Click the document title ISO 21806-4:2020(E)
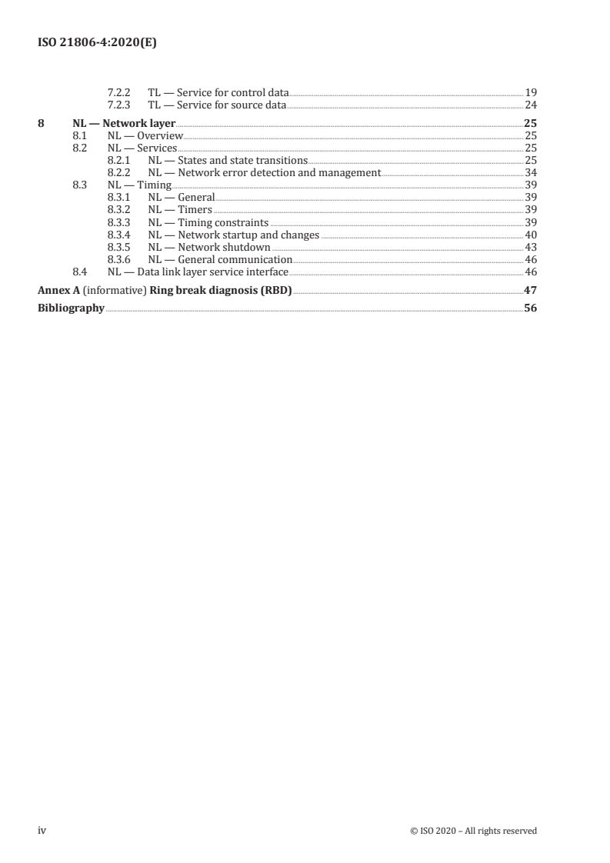[x=98, y=44]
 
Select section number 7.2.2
[x=120, y=92]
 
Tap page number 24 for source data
[x=530, y=105]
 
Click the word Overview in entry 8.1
[x=160, y=135]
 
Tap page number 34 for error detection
[x=530, y=172]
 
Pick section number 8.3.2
[x=120, y=209]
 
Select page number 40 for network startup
[x=530, y=235]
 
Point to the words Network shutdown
[x=224, y=247]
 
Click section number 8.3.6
[x=120, y=259]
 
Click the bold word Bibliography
[x=72, y=308]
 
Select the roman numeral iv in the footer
[x=43, y=830]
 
